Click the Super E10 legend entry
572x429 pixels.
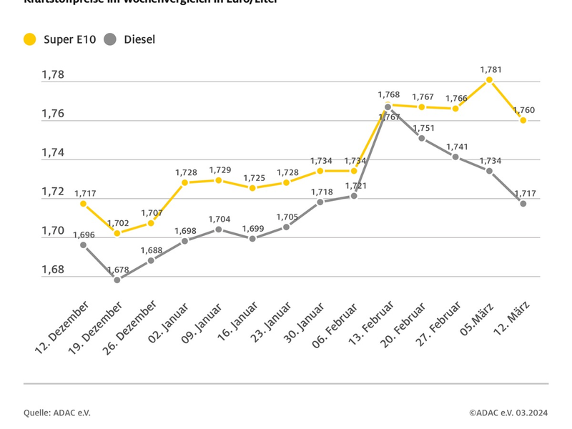pyautogui.click(x=60, y=39)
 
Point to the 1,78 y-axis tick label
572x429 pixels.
pyautogui.click(x=52, y=74)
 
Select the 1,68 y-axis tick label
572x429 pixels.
pyautogui.click(x=52, y=270)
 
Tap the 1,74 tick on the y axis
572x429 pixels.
pyautogui.click(x=52, y=152)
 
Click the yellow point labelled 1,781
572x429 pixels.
pyautogui.click(x=490, y=79)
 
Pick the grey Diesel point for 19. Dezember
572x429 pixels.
pyautogui.click(x=117, y=280)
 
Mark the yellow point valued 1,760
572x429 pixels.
pyautogui.click(x=523, y=120)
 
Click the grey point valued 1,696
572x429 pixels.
pyautogui.click(x=84, y=245)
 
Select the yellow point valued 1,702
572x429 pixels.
pyautogui.click(x=117, y=233)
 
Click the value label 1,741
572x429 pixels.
pyautogui.click(x=457, y=147)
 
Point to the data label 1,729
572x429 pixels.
pyautogui.click(x=220, y=169)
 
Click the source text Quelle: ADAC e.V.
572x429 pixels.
pyautogui.click(x=57, y=413)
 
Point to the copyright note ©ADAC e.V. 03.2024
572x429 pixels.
pyautogui.click(x=508, y=413)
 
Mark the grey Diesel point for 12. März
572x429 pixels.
pyautogui.click(x=523, y=204)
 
